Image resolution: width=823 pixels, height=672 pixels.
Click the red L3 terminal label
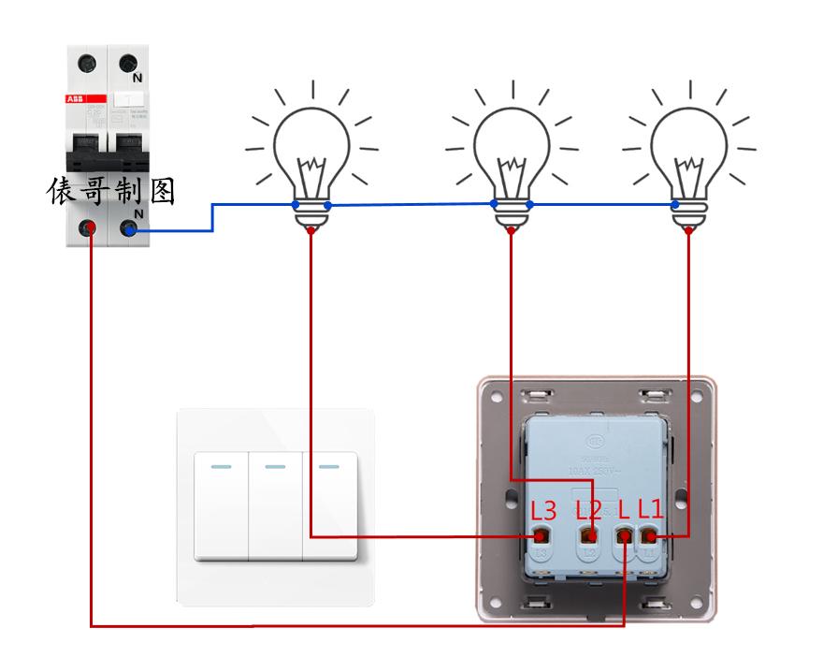click(x=543, y=511)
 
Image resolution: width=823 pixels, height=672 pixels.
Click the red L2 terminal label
click(x=588, y=510)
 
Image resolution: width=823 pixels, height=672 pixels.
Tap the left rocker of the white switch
click(x=221, y=505)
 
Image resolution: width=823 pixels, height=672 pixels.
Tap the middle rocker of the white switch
click(x=275, y=505)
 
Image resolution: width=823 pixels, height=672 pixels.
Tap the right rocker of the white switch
click(x=329, y=505)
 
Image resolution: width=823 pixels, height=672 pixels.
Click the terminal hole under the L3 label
click(x=540, y=537)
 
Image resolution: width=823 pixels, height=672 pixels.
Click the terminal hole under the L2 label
click(x=589, y=537)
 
